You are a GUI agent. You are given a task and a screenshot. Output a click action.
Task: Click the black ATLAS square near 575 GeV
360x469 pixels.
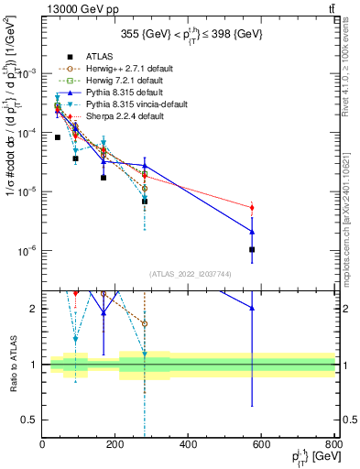click(x=252, y=249)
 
